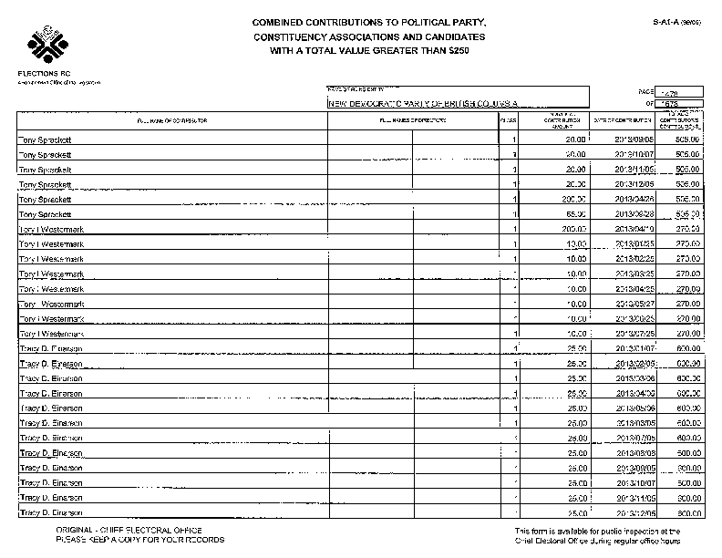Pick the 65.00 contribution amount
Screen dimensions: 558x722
[572, 213]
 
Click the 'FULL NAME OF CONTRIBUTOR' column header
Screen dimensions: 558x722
[171, 120]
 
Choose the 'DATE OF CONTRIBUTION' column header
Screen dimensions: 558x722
[623, 120]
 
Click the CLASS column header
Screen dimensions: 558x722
[508, 120]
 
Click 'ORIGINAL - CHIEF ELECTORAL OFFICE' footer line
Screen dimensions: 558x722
[129, 530]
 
